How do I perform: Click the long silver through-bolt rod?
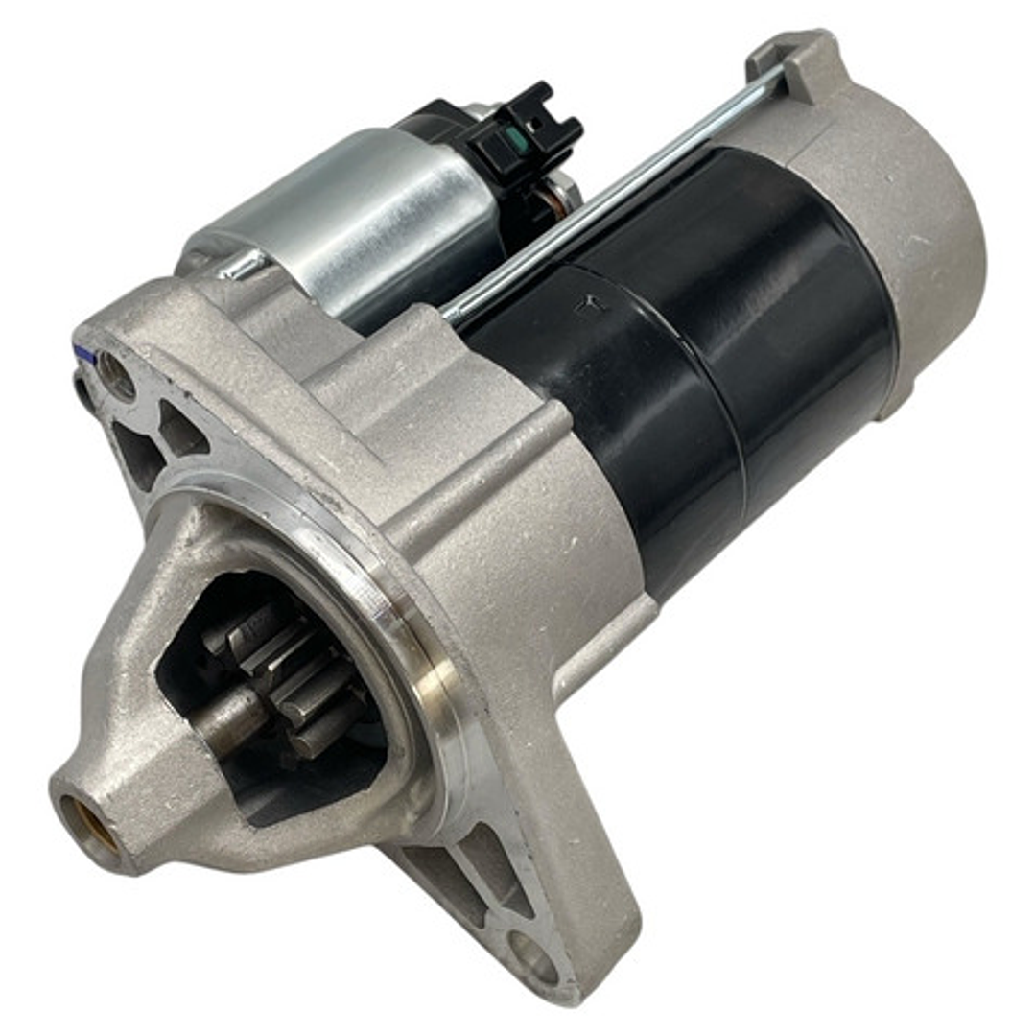point(614,192)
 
